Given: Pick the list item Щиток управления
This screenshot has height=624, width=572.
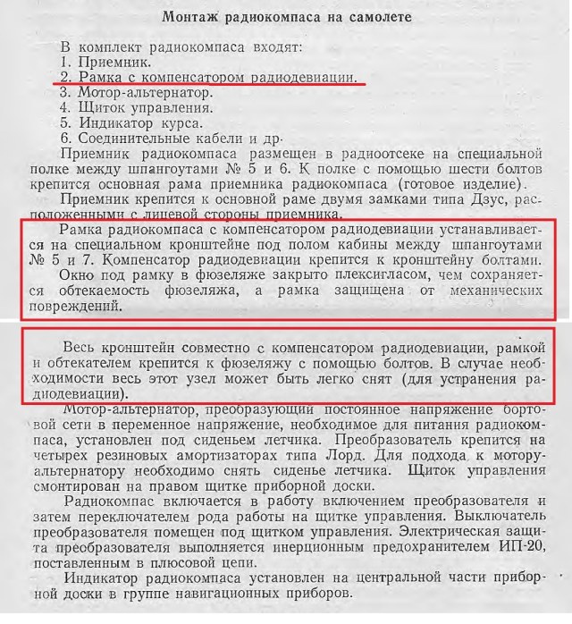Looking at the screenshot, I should (146, 107).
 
